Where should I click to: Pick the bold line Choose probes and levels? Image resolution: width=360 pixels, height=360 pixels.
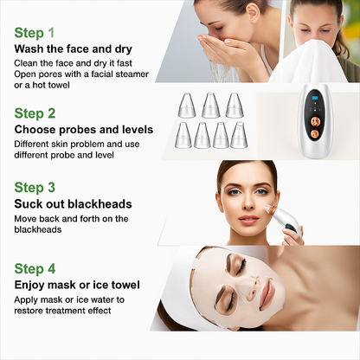click(84, 130)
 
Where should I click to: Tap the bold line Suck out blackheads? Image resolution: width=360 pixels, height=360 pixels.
click(74, 204)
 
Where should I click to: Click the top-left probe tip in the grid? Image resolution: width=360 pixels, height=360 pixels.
click(186, 106)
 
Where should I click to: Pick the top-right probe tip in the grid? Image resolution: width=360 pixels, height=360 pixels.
click(234, 106)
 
